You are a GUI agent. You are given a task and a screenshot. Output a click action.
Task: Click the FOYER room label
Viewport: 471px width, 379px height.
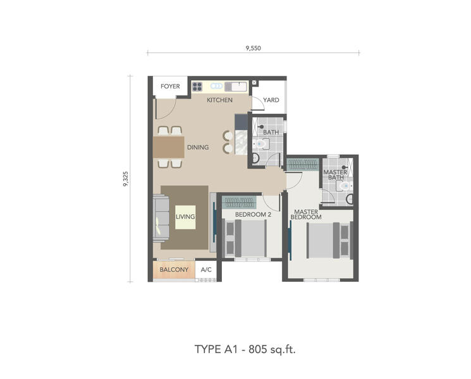(170, 87)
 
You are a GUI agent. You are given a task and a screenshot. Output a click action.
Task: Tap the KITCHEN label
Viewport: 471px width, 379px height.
(219, 100)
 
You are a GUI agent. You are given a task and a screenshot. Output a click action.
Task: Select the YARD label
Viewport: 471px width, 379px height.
(271, 100)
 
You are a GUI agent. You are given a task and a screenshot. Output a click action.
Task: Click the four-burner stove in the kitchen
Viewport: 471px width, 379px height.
(197, 87)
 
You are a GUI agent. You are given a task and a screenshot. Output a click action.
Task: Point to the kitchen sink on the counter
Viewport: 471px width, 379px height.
(236, 87)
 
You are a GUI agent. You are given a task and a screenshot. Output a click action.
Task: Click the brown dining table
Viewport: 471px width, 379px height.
(169, 147)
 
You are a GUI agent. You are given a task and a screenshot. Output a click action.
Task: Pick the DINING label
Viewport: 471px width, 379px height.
(198, 147)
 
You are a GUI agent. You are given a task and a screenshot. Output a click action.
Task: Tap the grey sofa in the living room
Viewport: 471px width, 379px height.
(161, 218)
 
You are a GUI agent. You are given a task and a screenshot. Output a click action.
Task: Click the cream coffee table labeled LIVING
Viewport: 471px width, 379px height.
(185, 217)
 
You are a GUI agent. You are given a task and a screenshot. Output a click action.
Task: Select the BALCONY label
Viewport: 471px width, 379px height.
(174, 270)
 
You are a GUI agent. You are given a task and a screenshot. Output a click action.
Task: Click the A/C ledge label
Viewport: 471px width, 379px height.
(206, 270)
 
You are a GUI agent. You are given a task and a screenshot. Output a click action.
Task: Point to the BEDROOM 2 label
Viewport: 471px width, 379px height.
(253, 215)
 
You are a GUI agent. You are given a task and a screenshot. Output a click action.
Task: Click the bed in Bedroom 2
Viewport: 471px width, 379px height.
(246, 238)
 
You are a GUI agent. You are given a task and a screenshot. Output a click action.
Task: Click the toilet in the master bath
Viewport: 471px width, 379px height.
(345, 186)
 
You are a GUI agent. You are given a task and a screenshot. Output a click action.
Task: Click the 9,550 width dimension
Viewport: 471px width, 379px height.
(254, 48)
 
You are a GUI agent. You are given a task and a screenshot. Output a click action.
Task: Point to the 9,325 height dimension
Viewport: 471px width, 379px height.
(126, 179)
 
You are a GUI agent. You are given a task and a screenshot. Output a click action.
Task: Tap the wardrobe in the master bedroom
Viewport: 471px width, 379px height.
(302, 165)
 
